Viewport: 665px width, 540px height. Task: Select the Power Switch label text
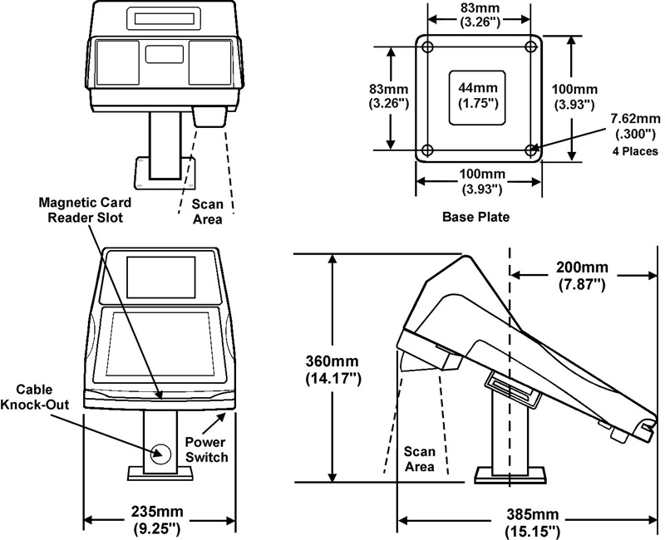click(x=206, y=449)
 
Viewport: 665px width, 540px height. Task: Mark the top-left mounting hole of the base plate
click(x=427, y=46)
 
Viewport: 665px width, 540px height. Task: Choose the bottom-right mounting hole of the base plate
click(x=531, y=150)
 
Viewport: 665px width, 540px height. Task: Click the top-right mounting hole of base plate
click(x=531, y=46)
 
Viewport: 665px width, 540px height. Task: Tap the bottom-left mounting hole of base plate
click(x=427, y=150)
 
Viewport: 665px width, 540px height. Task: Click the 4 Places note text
click(x=635, y=152)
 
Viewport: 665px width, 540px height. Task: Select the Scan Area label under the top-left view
click(x=207, y=211)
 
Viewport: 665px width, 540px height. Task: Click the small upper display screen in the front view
click(x=160, y=278)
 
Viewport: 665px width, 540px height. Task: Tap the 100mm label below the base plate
click(x=478, y=180)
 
